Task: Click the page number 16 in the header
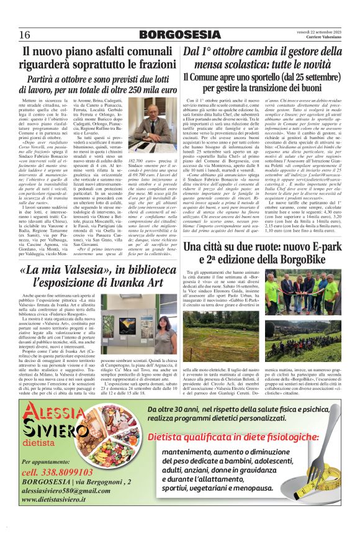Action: pyautogui.click(x=25, y=33)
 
